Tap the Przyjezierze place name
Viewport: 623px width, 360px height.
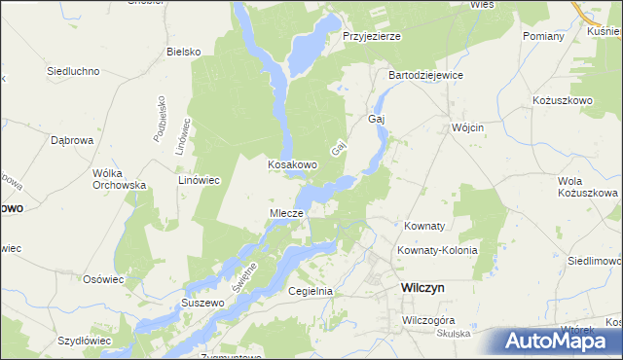[x=372, y=36]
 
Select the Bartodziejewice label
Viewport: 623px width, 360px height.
[x=425, y=75]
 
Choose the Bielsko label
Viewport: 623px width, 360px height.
[x=183, y=52]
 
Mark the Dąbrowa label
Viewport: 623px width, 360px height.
[x=71, y=140]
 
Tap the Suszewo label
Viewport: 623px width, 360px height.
[x=203, y=304]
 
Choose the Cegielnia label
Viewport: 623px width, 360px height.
[x=311, y=291]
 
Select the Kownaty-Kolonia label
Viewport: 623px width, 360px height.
[x=437, y=250]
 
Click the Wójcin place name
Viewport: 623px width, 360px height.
[x=468, y=127]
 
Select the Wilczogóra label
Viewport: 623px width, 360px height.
[x=429, y=319]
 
